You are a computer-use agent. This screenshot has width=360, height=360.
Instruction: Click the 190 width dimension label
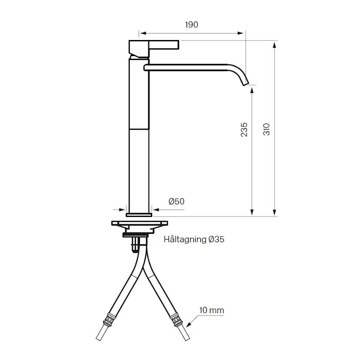pyautogui.click(x=191, y=25)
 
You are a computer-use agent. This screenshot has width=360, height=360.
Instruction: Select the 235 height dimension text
pyautogui.click(x=244, y=130)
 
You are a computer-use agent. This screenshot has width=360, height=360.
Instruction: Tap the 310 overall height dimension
pyautogui.click(x=267, y=129)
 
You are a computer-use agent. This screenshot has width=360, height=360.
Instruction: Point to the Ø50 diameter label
pyautogui.click(x=176, y=201)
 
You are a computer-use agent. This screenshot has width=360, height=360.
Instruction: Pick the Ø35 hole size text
pyautogui.click(x=216, y=239)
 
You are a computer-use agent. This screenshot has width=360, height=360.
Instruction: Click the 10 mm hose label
pyautogui.click(x=212, y=310)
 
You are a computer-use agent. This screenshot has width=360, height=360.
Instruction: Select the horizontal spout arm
pyautogui.click(x=187, y=67)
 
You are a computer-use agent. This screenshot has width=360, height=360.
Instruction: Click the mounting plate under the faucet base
pyautogui.click(x=139, y=223)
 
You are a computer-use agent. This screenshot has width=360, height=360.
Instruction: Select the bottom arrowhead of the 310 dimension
pyautogui.click(x=274, y=213)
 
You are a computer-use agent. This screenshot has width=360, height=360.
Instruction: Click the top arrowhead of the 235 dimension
pyautogui.click(x=252, y=89)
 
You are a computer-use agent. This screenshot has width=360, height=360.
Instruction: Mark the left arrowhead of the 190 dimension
pyautogui.click(x=142, y=33)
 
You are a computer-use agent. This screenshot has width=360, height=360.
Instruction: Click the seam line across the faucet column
pyautogui.click(x=139, y=129)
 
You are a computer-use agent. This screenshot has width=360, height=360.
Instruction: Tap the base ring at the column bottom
pyautogui.click(x=139, y=214)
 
